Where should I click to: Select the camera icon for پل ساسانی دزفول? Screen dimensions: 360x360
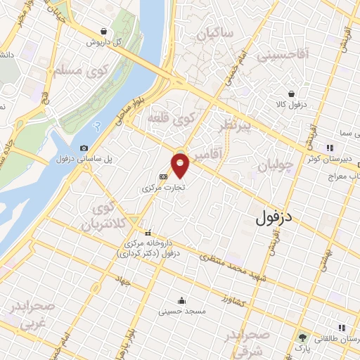(x=84, y=148)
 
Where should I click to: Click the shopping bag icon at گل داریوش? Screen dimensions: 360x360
(x=104, y=31)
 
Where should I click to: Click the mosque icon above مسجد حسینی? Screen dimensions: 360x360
(x=182, y=299)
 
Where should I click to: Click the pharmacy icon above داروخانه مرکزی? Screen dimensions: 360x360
(x=148, y=232)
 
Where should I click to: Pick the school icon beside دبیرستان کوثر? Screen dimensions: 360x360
(x=328, y=147)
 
